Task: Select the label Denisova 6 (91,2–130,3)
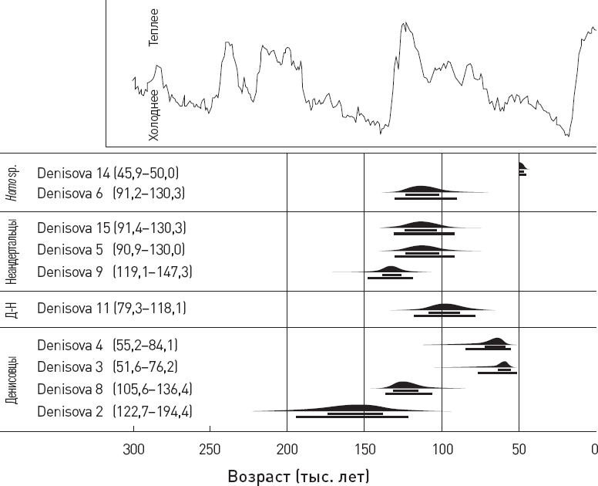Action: coord(111,193)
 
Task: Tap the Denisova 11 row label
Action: coord(111,309)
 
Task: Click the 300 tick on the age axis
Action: coord(133,448)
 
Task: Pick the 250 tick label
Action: coord(210,448)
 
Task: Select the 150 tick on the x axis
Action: coord(365,448)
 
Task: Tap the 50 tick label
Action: coord(519,448)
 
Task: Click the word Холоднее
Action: coord(154,114)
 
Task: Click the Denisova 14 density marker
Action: coord(522,167)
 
